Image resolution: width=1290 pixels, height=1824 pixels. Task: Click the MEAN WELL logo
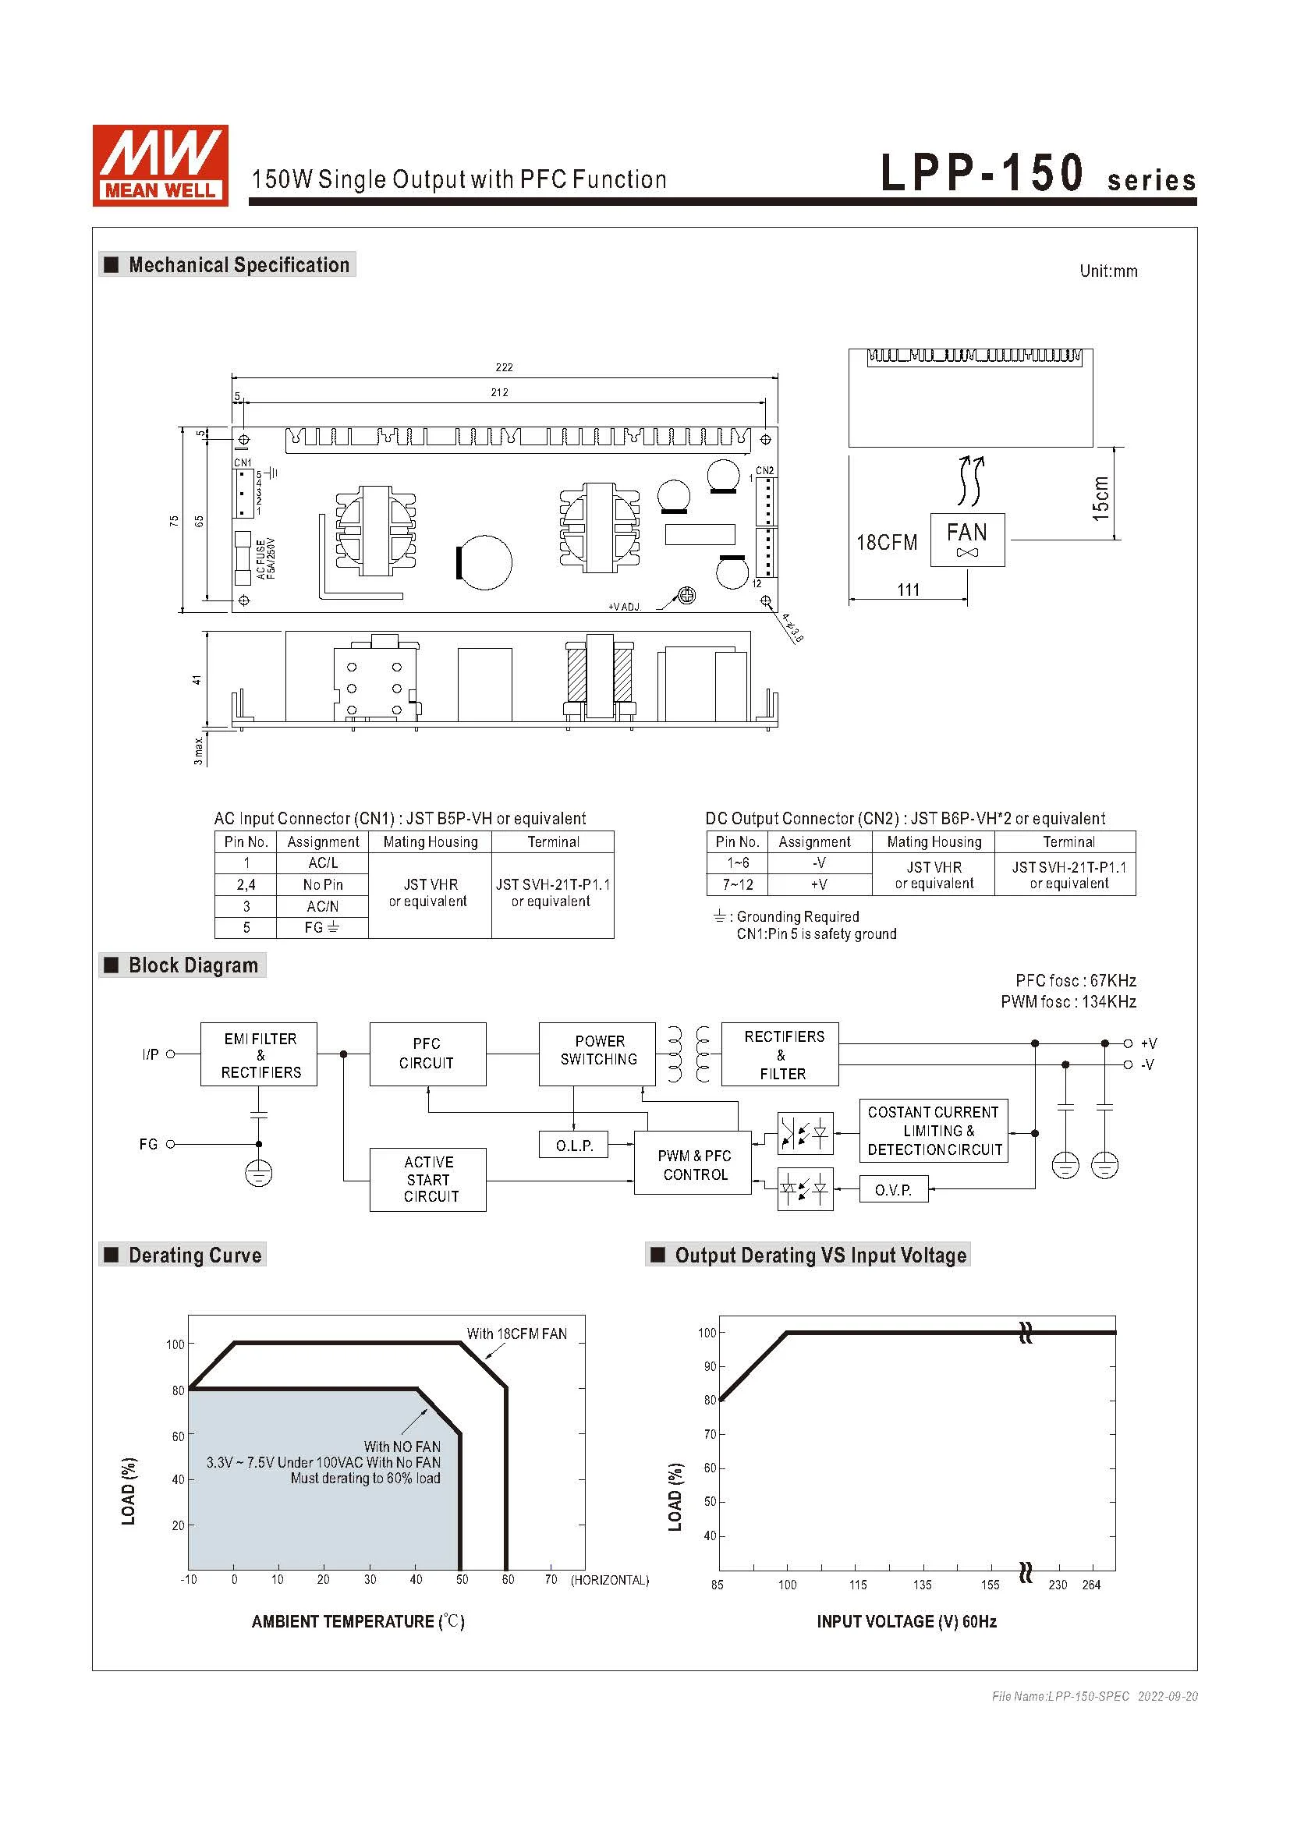click(x=160, y=165)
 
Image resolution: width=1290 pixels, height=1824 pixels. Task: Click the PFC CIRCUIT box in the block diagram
click(x=427, y=1054)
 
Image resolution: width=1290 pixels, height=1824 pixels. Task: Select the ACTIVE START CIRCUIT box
click(x=427, y=1179)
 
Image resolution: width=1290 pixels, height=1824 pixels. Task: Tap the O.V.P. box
click(x=893, y=1190)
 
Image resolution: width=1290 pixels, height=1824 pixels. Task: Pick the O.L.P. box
click(x=574, y=1145)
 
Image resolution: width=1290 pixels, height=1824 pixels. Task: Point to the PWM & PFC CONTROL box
click(x=693, y=1164)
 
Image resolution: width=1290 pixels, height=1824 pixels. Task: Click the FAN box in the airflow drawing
click(x=966, y=540)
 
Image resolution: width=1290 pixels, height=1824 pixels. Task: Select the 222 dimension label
click(x=504, y=367)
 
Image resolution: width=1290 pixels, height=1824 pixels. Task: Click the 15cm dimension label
click(x=1100, y=498)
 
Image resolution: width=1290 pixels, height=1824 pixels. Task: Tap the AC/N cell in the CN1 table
click(x=323, y=905)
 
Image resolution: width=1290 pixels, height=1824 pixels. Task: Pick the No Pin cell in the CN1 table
click(x=323, y=884)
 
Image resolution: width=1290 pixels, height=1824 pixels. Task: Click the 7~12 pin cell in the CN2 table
click(x=737, y=884)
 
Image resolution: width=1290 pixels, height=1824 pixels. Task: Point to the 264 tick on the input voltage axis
click(x=1091, y=1585)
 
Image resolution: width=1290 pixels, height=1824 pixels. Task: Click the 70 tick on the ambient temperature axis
click(x=551, y=1579)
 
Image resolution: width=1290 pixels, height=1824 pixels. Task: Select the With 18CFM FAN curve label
click(x=516, y=1333)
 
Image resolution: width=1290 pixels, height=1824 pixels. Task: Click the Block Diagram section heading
click(x=193, y=965)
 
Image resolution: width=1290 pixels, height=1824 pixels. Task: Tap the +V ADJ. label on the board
click(x=625, y=607)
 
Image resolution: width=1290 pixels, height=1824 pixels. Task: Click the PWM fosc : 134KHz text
click(x=1068, y=1002)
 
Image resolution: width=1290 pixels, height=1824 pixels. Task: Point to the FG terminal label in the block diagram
click(x=148, y=1144)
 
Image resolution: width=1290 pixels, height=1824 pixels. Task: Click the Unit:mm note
click(x=1108, y=271)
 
